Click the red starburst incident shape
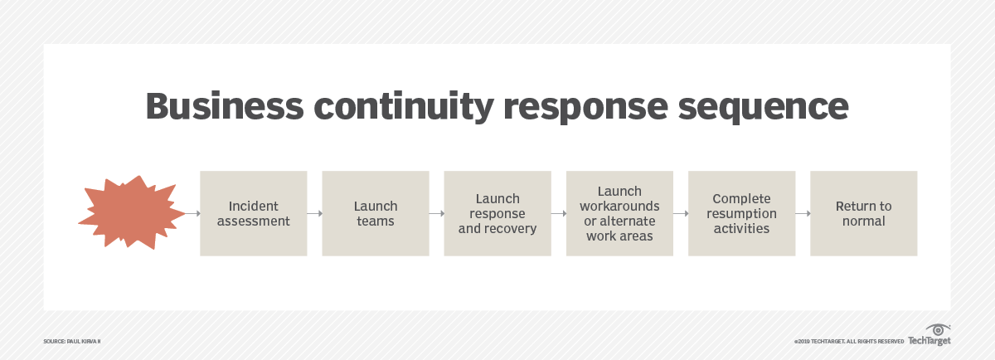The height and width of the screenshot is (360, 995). click(x=131, y=212)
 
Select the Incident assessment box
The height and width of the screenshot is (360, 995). click(x=254, y=213)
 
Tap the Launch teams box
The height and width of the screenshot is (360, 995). click(x=376, y=213)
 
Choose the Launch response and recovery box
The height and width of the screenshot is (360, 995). click(x=498, y=213)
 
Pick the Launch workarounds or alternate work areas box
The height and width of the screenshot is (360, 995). click(x=619, y=213)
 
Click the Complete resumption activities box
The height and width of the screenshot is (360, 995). click(x=741, y=213)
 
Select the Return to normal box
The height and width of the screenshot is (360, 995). click(x=863, y=213)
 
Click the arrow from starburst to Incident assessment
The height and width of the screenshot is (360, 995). click(x=192, y=213)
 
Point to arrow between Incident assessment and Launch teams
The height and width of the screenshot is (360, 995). click(x=314, y=213)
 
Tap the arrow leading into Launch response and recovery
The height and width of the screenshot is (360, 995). click(x=436, y=213)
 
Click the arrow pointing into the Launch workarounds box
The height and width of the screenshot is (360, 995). click(x=558, y=213)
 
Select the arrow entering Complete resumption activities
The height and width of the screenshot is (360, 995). click(x=680, y=213)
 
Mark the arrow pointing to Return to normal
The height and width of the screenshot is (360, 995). click(x=802, y=213)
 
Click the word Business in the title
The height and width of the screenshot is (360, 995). click(x=217, y=107)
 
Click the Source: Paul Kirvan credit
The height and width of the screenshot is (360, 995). click(x=71, y=341)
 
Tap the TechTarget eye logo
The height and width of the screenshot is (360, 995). click(x=938, y=330)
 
